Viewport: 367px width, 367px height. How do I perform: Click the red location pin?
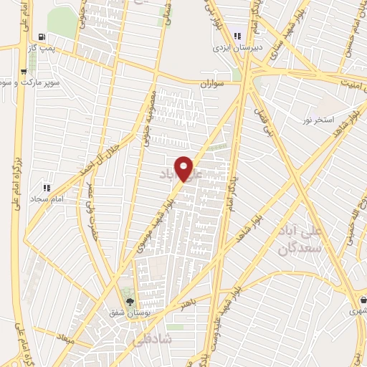coord(184,168)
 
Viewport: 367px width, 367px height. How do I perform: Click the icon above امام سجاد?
coord(46,188)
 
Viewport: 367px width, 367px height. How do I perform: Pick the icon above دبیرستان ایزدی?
coord(237,37)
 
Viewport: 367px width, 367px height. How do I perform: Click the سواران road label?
coord(214,83)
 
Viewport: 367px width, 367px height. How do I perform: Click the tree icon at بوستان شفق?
coord(130,302)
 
